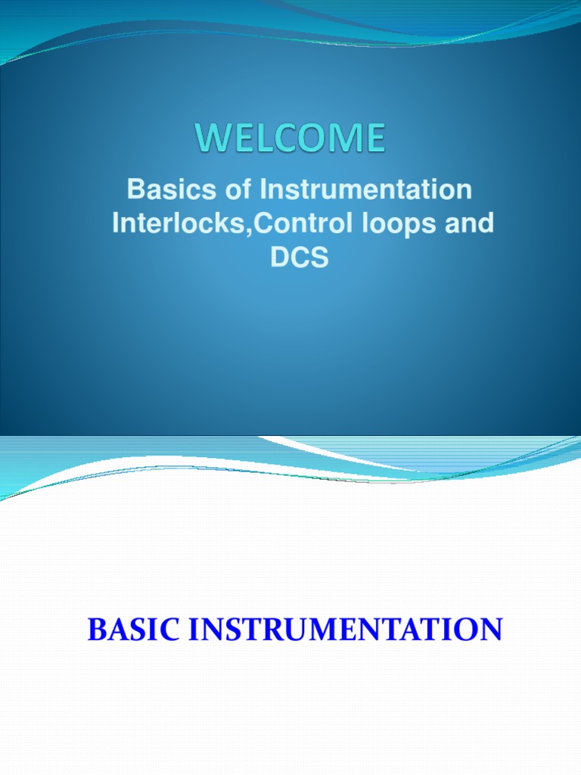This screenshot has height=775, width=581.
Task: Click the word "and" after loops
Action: click(468, 224)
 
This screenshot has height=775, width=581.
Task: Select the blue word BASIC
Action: click(131, 630)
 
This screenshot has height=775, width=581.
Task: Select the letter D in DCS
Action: click(280, 258)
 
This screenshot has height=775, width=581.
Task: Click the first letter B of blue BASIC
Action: click(96, 630)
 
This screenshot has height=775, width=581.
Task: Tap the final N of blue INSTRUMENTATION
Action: click(491, 630)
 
